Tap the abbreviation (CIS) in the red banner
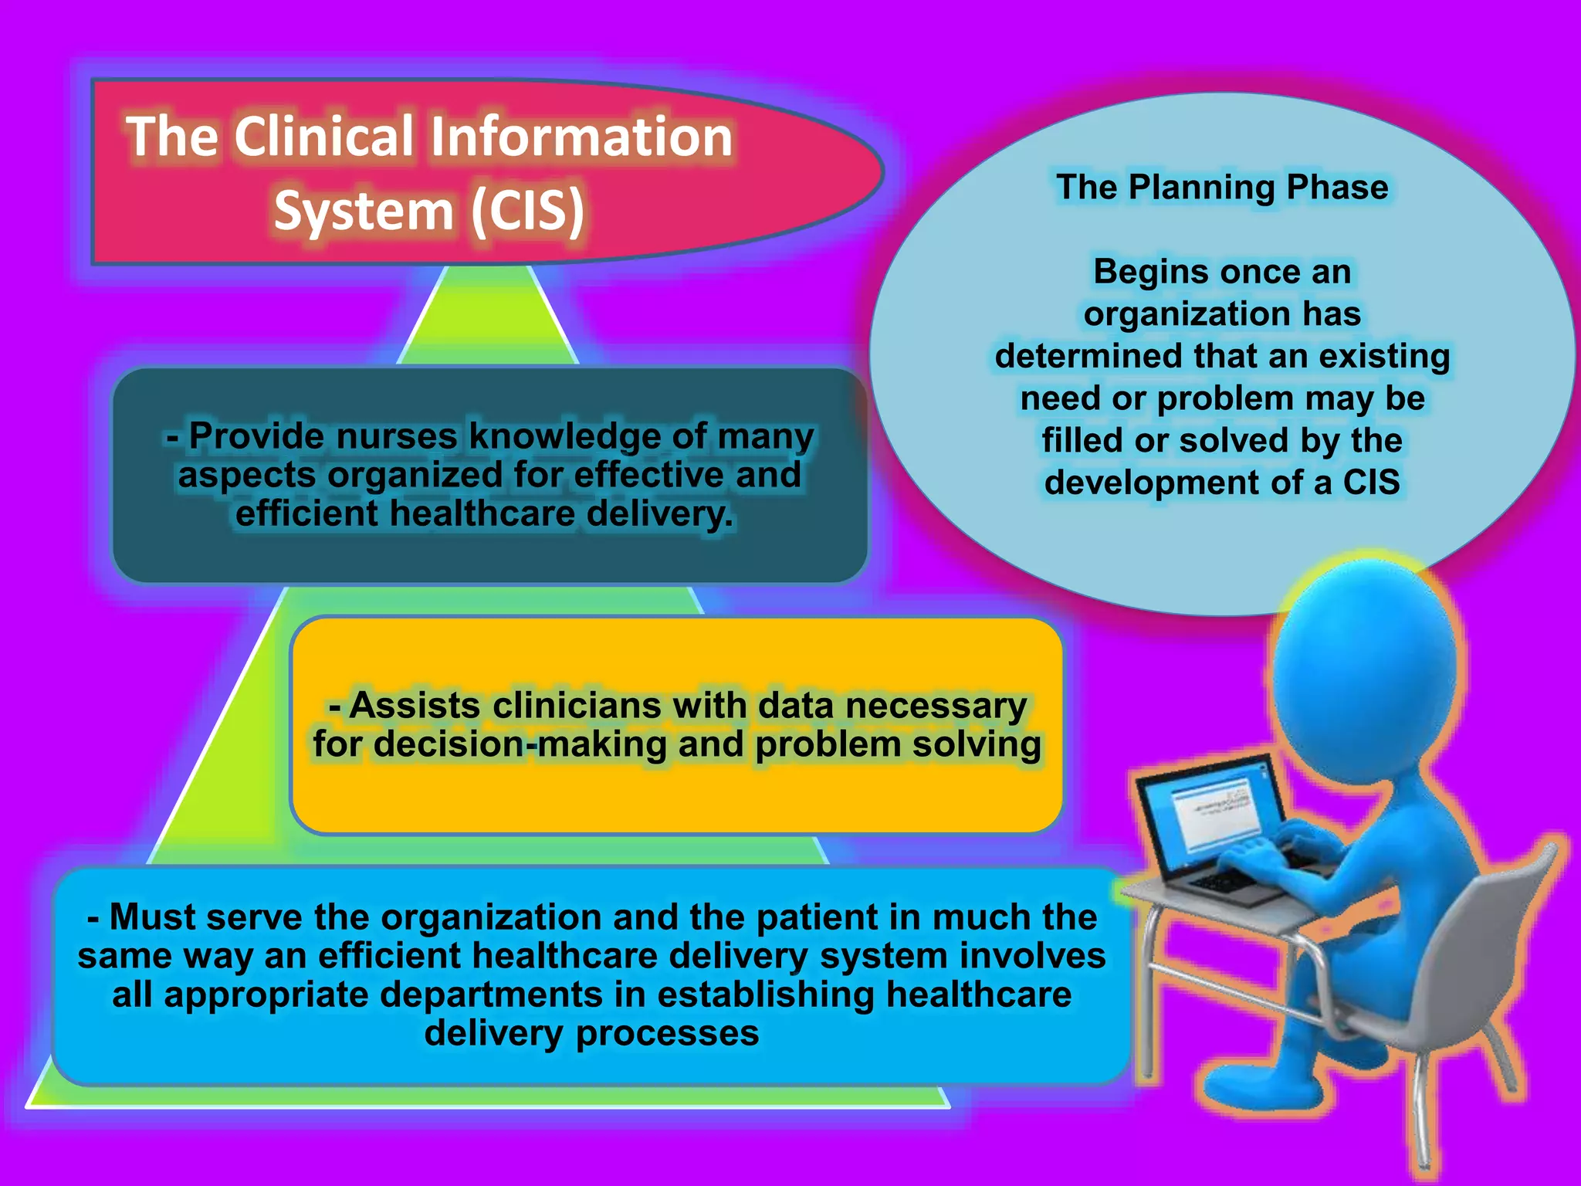point(528,211)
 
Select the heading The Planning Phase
point(1222,188)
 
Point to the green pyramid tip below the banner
point(488,317)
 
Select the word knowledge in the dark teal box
point(565,436)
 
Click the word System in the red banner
point(364,211)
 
